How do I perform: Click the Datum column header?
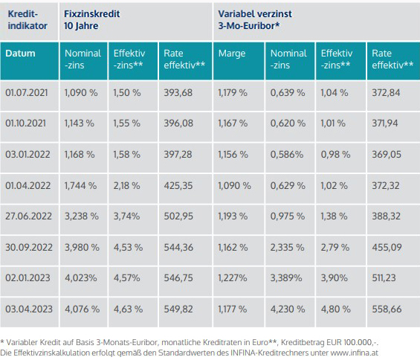(x=20, y=54)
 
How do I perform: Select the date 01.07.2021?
(x=27, y=93)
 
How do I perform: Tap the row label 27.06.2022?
(x=28, y=216)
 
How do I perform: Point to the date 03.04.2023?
(x=29, y=309)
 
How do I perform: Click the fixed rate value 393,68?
(x=178, y=93)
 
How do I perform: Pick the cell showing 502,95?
(x=178, y=216)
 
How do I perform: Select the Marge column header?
(x=232, y=54)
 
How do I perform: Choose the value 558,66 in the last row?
(x=387, y=309)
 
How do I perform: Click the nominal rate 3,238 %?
(x=82, y=216)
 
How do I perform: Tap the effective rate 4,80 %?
(x=335, y=309)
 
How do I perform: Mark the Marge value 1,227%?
(x=233, y=278)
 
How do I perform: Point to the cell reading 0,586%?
(x=287, y=155)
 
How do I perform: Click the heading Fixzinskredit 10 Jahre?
(x=92, y=20)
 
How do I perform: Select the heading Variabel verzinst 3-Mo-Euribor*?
(x=255, y=20)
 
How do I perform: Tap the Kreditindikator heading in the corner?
(x=28, y=20)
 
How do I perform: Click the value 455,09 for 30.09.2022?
(x=387, y=247)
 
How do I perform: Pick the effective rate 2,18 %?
(x=126, y=185)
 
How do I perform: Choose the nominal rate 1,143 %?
(x=80, y=123)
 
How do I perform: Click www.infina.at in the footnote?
(x=355, y=353)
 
